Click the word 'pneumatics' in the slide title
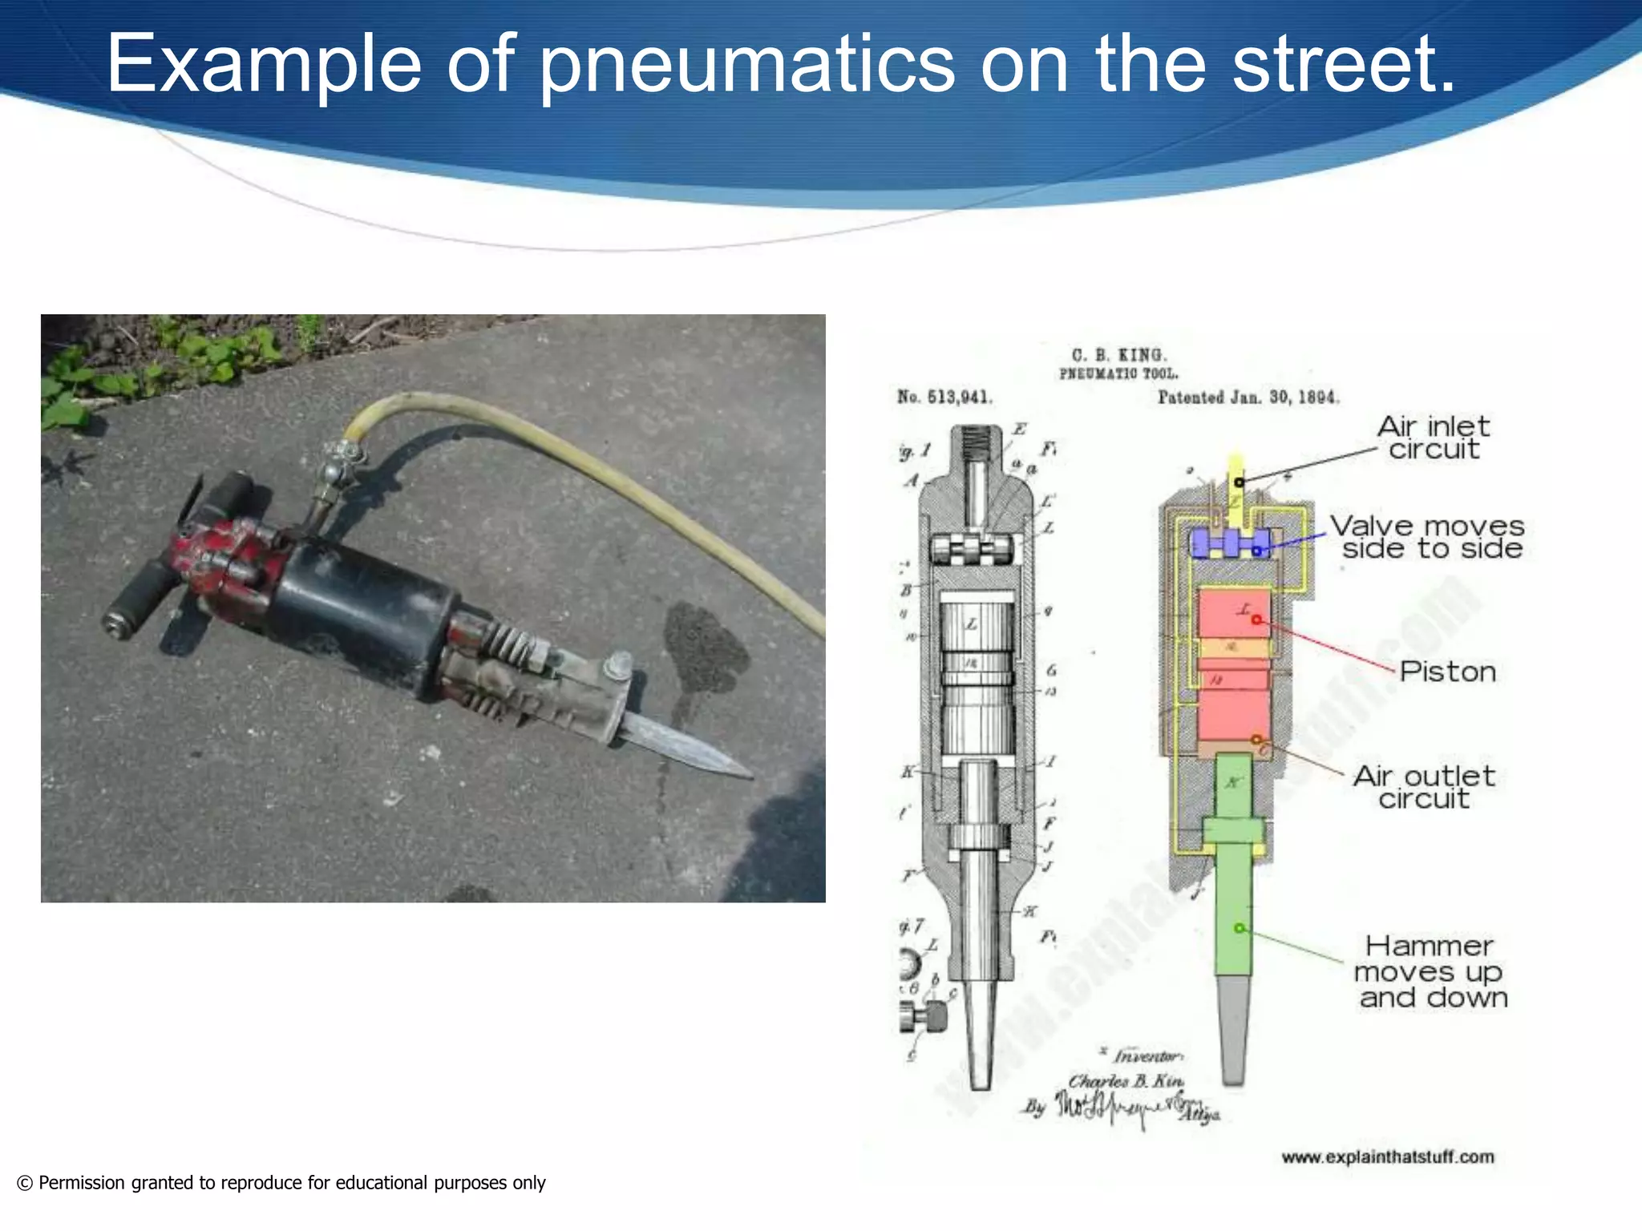pos(746,64)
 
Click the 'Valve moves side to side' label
pos(1428,537)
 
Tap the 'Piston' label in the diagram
pos(1448,672)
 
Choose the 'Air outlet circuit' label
pos(1424,787)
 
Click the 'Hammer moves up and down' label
pos(1432,971)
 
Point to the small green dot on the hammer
pos(1239,928)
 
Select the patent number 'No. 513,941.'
pos(944,397)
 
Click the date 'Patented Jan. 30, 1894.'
pos(1248,398)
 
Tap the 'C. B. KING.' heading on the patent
pos(1119,355)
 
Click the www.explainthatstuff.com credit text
pos(1388,1157)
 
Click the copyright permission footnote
pos(281,1183)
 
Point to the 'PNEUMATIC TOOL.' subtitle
pos(1119,374)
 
